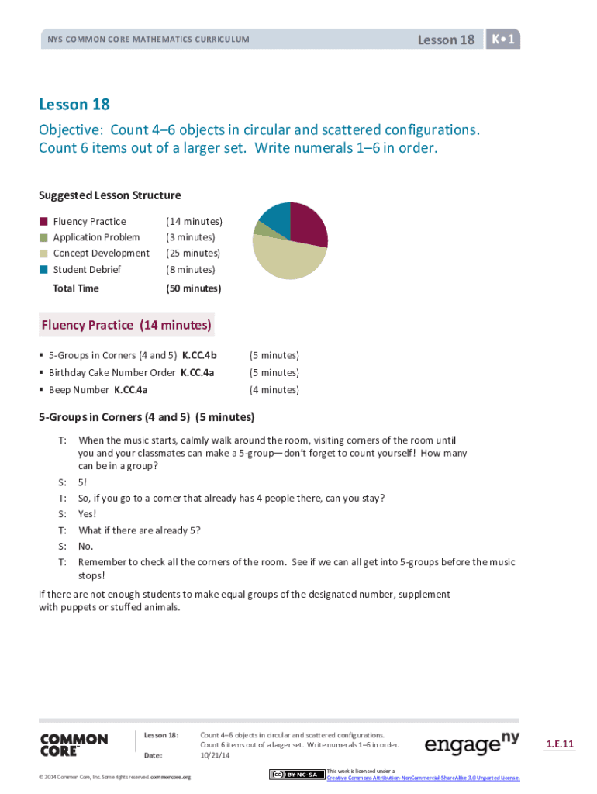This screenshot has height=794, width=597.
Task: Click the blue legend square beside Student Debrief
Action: (x=44, y=269)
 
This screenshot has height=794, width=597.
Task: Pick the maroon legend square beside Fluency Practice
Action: (x=44, y=222)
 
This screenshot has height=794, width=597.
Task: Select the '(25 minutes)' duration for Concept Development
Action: (x=193, y=254)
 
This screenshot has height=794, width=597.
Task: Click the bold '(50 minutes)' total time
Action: (x=193, y=288)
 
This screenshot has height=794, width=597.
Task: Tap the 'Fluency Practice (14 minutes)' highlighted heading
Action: (x=126, y=325)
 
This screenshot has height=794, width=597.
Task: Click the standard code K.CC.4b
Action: (x=199, y=356)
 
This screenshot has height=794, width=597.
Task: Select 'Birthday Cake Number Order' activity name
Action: (x=112, y=373)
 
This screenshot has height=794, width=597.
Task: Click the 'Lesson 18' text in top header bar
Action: (x=446, y=40)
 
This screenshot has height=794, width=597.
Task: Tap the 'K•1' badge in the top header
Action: (x=503, y=39)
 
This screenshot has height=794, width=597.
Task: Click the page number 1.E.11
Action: (x=560, y=744)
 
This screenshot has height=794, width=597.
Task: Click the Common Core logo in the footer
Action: (x=74, y=744)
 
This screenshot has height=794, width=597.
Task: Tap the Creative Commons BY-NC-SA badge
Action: (x=296, y=775)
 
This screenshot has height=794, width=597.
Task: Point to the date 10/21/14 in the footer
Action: (x=212, y=754)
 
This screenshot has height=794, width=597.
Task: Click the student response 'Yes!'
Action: (x=88, y=514)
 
